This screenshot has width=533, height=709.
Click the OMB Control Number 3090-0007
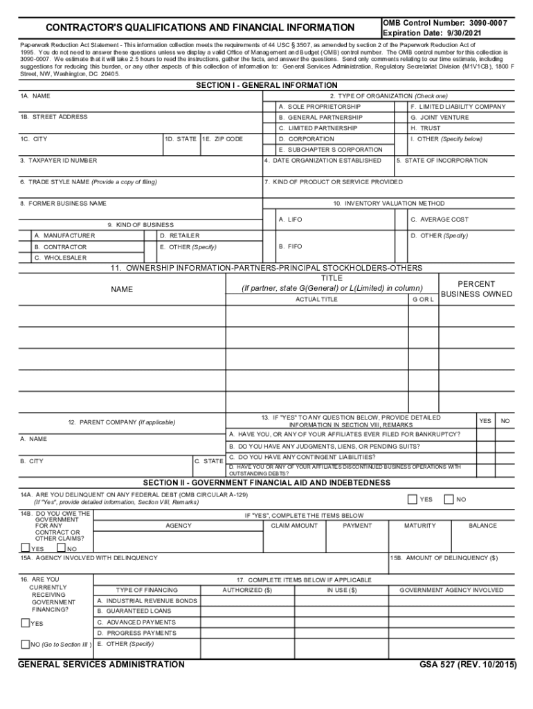(445, 23)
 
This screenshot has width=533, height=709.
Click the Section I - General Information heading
(266, 85)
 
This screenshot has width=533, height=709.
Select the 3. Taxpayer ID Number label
(58, 160)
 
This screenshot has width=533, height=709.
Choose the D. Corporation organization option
(306, 138)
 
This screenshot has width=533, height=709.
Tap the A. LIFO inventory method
(290, 219)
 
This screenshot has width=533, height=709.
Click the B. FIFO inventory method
(290, 246)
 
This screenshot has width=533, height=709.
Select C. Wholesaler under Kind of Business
(61, 258)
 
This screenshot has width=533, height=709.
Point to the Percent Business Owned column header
(476, 289)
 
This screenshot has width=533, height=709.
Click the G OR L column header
(423, 299)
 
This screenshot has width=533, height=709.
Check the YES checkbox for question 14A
(413, 499)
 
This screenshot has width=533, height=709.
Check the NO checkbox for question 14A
(449, 499)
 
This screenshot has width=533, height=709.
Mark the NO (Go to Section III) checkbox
(26, 645)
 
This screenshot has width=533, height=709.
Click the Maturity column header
(420, 526)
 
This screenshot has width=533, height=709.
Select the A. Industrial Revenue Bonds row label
(147, 601)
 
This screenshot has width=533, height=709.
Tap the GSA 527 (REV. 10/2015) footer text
(467, 665)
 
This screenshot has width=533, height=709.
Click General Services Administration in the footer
(101, 665)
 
